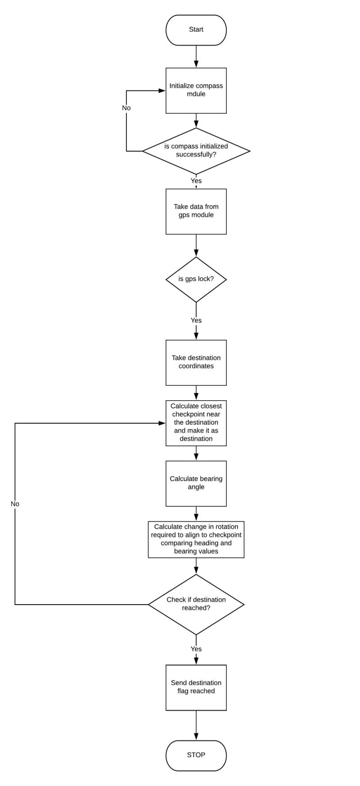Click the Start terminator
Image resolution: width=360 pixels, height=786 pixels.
[196, 30]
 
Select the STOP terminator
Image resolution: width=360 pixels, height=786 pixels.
[196, 755]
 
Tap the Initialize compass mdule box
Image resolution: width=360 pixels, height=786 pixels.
[196, 90]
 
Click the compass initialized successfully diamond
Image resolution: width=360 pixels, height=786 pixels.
[196, 151]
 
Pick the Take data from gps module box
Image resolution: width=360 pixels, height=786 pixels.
[196, 211]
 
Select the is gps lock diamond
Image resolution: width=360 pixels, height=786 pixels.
[196, 280]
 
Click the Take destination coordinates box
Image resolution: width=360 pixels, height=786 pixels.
[196, 362]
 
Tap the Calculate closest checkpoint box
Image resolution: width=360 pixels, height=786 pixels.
[196, 423]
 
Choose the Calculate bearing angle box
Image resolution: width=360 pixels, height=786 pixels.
[196, 483]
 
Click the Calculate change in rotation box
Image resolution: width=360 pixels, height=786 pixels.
[196, 539]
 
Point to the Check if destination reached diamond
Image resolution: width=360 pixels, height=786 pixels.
[196, 604]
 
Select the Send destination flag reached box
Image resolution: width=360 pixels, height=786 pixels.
[196, 687]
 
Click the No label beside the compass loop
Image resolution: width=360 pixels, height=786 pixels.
[126, 108]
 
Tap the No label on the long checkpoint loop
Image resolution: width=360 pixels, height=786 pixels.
[15, 504]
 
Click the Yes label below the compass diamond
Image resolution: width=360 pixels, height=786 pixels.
[196, 181]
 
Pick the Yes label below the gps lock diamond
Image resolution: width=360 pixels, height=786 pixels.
[196, 321]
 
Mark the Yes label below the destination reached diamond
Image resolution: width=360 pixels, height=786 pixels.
[196, 649]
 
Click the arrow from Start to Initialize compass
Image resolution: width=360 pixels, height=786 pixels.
[196, 57]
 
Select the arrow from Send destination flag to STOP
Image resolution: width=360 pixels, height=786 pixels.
[196, 725]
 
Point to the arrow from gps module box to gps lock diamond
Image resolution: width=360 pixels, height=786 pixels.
[196, 246]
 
